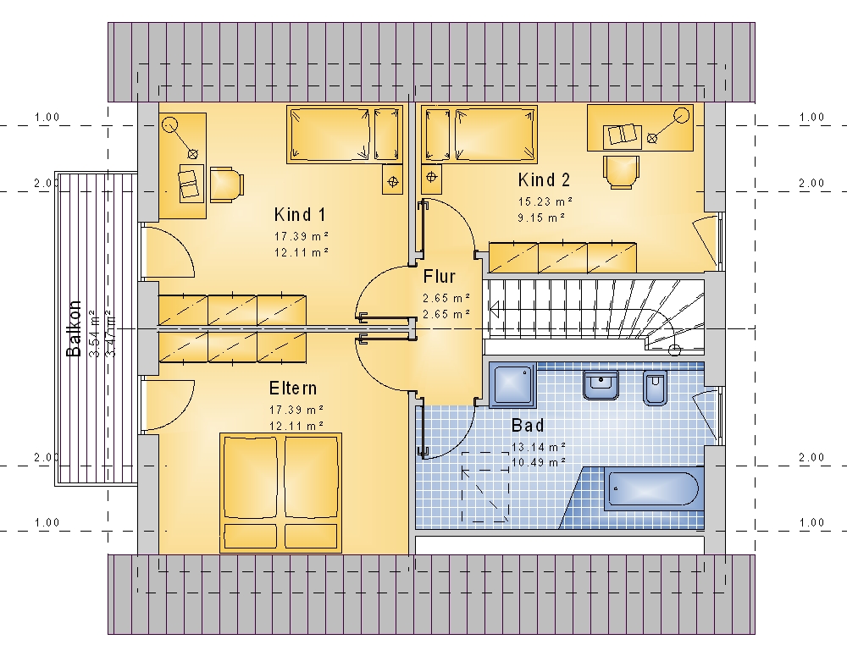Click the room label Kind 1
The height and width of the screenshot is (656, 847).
pos(300,214)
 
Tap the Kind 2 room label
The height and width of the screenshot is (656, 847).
pos(544,179)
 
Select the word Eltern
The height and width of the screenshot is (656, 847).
pos(293,389)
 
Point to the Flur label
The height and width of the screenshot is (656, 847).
pos(439,277)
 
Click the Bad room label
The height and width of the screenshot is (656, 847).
pos(528,426)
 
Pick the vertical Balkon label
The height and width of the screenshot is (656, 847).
pos(74,328)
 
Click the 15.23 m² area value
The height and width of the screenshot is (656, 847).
pos(545,201)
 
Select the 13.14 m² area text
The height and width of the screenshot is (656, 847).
pos(539,447)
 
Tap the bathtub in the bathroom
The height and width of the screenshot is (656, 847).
pos(652,489)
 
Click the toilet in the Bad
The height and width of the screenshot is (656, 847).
pos(655,387)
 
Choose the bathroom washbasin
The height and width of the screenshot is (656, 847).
pos(601,385)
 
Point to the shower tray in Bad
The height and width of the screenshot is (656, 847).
pos(512,384)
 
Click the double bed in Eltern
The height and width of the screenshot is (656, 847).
pos(280,493)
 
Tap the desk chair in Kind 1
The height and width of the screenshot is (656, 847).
pos(227,185)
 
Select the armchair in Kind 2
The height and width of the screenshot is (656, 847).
pos(621,172)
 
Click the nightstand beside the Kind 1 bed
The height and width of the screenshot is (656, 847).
pos(393,179)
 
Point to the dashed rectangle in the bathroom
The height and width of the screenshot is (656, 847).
pos(485,487)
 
